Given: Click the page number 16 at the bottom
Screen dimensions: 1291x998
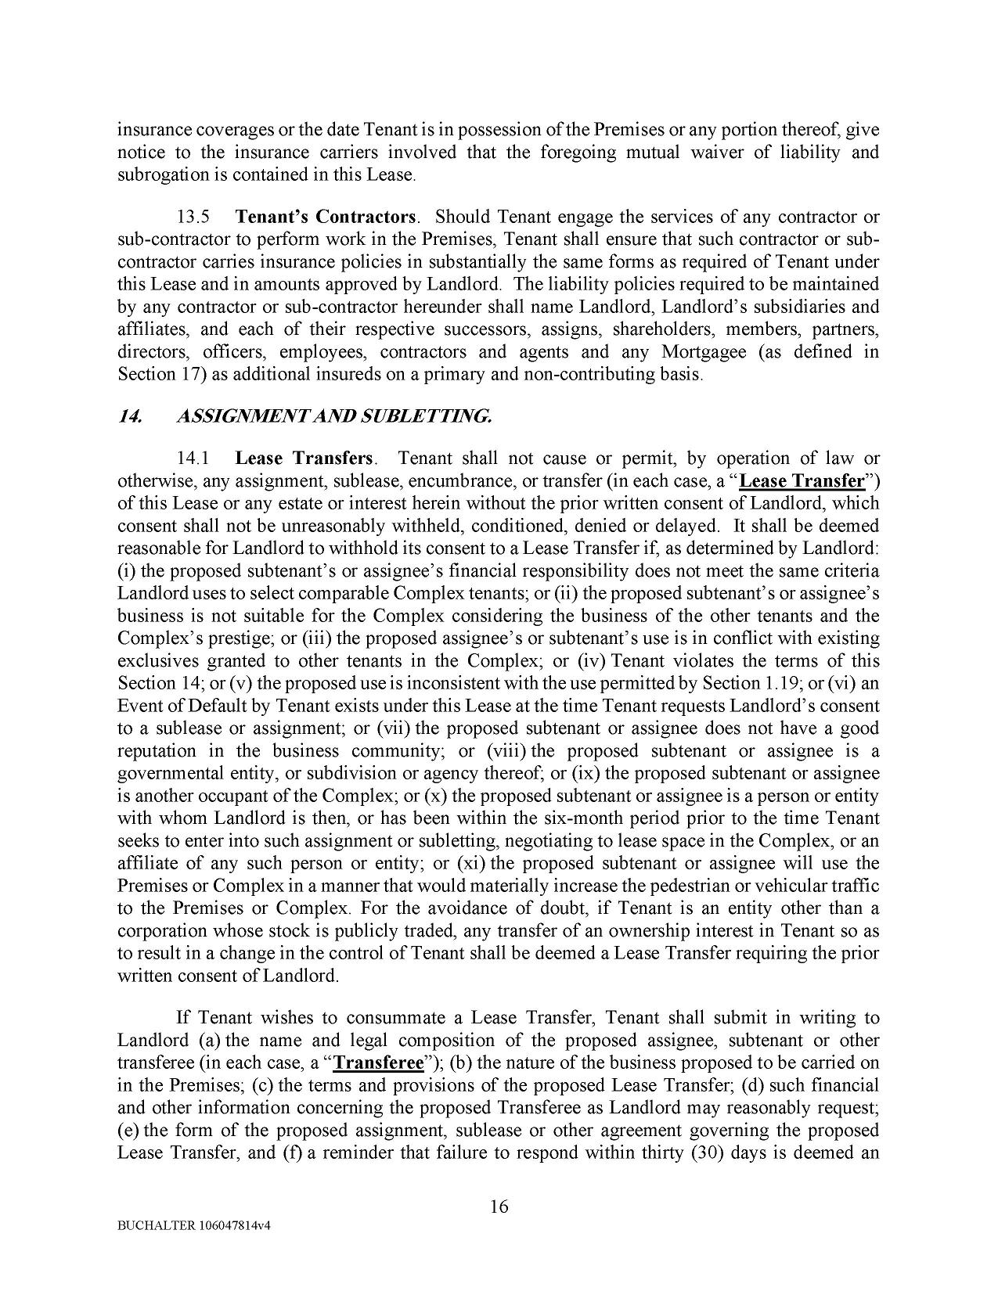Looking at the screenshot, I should (499, 1206).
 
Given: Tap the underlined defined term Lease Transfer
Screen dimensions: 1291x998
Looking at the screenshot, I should (801, 480).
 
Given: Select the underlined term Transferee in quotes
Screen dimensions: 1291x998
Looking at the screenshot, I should (378, 1063).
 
